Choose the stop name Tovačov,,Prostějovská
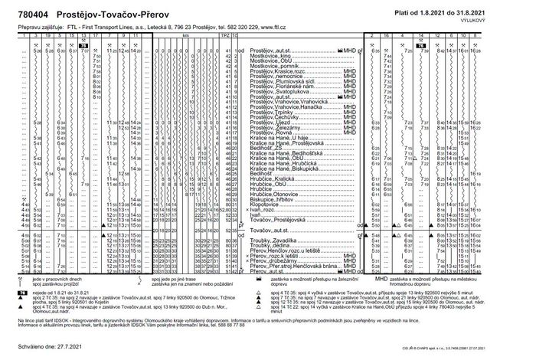[x=281, y=220]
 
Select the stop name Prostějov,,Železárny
[x=276, y=126]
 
